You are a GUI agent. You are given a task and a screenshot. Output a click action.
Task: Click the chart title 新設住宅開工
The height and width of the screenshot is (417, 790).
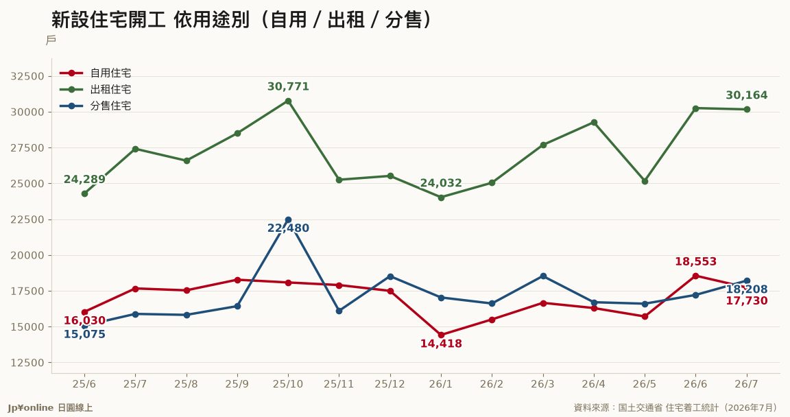pos(108,20)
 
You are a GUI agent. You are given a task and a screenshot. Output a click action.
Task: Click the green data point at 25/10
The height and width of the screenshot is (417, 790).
pos(288,102)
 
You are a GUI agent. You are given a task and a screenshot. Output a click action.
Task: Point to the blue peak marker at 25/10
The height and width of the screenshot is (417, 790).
pos(288,220)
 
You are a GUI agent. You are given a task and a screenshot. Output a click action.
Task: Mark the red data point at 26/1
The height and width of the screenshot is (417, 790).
pos(442,335)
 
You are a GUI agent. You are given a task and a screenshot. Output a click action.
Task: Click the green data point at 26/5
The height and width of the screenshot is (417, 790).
pos(645,181)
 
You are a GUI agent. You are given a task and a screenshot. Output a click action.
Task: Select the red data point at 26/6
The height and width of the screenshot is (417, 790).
pos(696,276)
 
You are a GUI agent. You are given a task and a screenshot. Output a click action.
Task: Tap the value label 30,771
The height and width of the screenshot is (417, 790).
pos(288,86)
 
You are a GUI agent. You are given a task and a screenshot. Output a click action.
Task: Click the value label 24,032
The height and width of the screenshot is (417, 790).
pos(441,183)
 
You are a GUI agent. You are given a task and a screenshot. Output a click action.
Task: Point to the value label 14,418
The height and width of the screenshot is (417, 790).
pos(441,344)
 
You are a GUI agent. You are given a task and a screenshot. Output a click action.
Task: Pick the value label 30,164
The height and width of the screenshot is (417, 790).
pos(747,95)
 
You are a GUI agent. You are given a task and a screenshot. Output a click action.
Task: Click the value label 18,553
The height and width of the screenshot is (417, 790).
pos(696,261)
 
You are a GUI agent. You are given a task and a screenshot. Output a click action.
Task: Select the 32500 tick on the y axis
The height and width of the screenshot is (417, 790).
pos(27,77)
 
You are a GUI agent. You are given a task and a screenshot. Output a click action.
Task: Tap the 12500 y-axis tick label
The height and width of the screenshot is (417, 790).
pos(27,363)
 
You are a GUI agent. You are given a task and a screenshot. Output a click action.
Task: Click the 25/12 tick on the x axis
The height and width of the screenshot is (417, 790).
pos(390,384)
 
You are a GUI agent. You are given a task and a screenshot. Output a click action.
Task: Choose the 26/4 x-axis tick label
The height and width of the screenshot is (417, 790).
pos(593,384)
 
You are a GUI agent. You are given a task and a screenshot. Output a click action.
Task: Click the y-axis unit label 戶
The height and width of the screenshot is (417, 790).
pos(51,40)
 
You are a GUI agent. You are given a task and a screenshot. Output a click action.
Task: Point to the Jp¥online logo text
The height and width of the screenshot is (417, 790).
pos(30,408)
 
